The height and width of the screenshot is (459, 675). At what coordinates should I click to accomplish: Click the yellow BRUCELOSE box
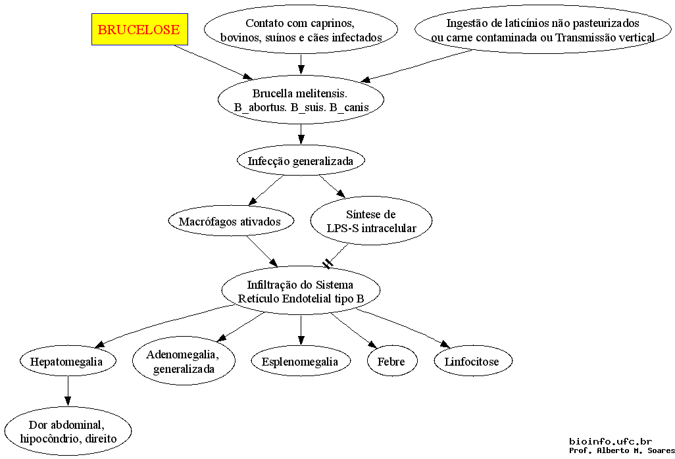coord(139,29)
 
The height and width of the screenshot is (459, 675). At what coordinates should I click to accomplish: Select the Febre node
coord(391,362)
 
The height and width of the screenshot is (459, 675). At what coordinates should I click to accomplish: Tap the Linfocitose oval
coord(472,362)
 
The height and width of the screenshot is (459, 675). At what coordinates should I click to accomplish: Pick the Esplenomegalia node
coord(300,362)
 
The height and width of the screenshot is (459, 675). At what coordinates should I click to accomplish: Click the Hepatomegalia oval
coord(67,362)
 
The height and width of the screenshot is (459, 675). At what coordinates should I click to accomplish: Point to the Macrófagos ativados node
coord(230,222)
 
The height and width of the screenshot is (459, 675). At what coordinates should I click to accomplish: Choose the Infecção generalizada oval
coord(301,160)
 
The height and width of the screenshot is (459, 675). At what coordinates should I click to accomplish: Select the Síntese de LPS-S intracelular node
coord(371,221)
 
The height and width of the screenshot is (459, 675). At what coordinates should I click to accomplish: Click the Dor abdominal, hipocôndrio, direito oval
coord(68,431)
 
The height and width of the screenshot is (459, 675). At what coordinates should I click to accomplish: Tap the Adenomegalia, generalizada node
coord(184,362)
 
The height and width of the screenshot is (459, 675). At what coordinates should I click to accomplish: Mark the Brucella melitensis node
coord(301,100)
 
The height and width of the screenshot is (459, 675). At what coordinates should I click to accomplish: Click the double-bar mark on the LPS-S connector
coord(328,263)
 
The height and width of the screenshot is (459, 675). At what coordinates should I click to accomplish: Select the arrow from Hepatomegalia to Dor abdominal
coord(67,391)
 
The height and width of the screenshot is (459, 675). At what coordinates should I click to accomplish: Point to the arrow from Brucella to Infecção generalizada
coord(301,134)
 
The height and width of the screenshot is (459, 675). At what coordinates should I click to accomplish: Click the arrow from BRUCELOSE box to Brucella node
coord(214,62)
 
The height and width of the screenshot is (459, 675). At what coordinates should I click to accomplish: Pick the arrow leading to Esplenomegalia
coord(301,330)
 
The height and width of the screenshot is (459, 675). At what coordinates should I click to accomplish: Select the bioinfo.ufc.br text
coord(611,441)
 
